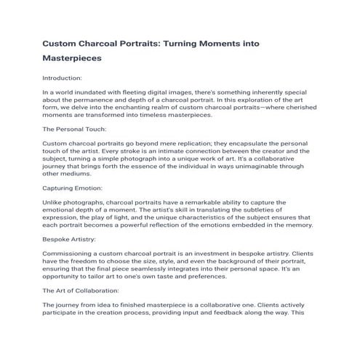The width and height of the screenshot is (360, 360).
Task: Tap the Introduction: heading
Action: [63, 78]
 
